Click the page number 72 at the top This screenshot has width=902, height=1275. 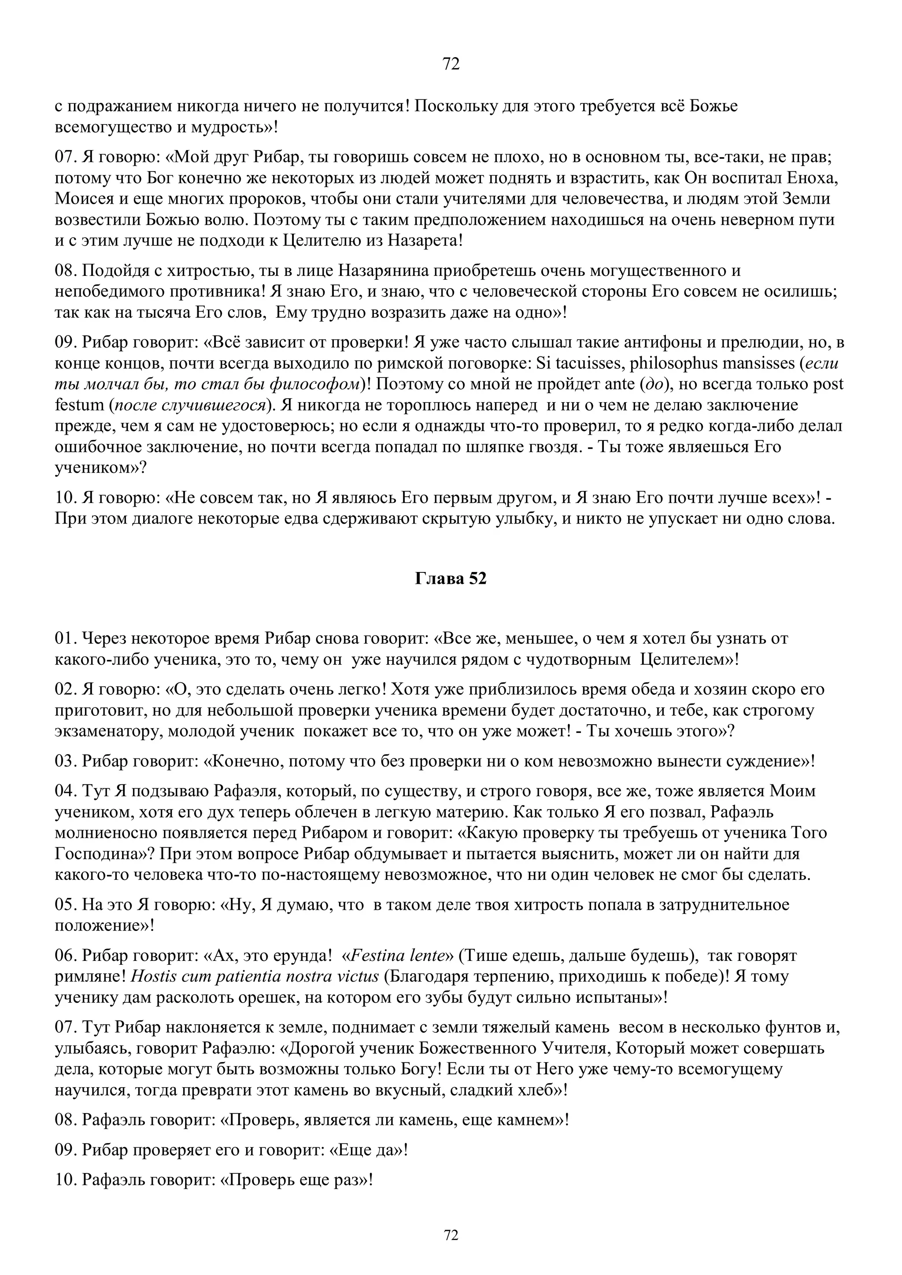[451, 64]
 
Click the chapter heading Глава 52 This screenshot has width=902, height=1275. [451, 579]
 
